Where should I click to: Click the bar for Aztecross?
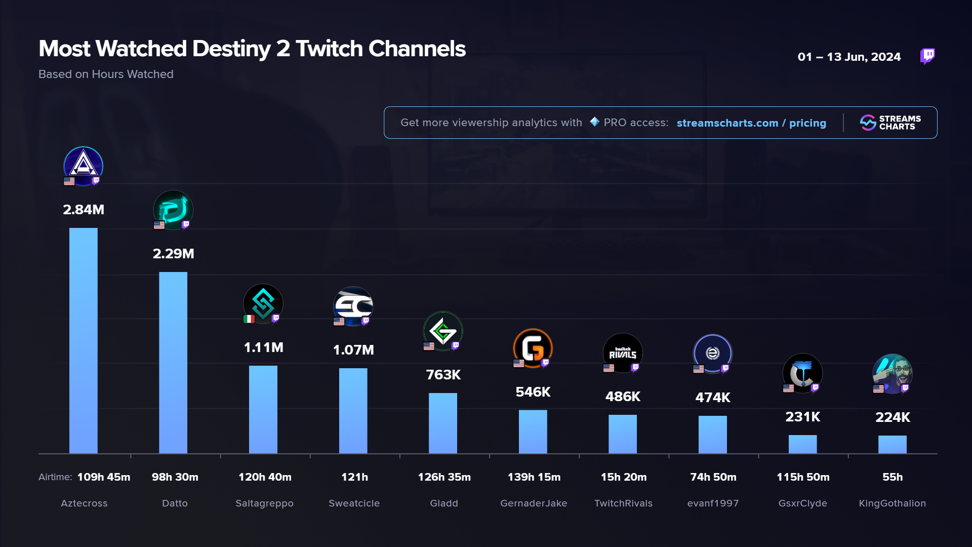tap(84, 340)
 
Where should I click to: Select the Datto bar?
tap(173, 363)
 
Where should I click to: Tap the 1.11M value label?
tap(263, 347)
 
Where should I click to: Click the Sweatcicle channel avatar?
tap(353, 306)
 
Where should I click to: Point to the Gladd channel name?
tap(444, 503)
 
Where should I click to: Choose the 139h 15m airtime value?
tap(534, 477)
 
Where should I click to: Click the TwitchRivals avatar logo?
tap(623, 353)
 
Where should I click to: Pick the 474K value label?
tap(713, 398)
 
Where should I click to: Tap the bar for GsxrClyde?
tap(802, 444)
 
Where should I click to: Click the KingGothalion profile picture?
tap(893, 374)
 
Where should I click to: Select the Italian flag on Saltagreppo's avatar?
tap(249, 319)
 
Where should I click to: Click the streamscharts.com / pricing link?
tap(751, 123)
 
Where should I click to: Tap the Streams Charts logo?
tap(890, 123)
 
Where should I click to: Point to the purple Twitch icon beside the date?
tap(927, 56)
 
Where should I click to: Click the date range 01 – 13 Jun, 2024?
tap(849, 57)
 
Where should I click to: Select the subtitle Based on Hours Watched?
tap(106, 74)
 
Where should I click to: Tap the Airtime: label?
tap(55, 477)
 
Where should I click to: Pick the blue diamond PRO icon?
tap(594, 122)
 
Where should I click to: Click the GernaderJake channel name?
tap(534, 503)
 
